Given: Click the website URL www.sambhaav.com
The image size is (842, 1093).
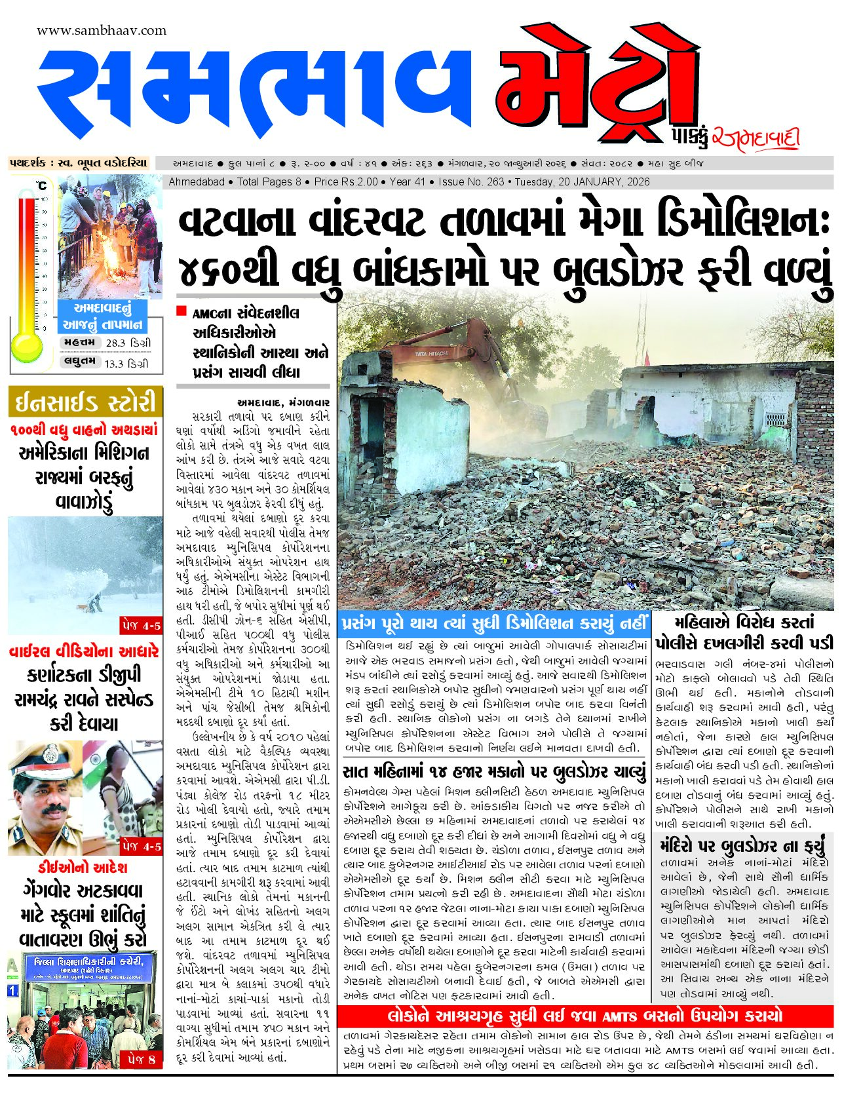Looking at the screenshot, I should [102, 31].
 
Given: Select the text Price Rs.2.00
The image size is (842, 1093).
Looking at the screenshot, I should [345, 182].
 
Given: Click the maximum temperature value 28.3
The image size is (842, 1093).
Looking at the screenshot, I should [115, 343].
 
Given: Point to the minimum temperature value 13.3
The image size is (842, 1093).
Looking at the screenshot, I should [114, 363].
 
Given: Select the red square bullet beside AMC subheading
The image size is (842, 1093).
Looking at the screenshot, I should [182, 311].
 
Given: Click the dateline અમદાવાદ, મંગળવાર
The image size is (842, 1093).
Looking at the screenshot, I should [283, 402].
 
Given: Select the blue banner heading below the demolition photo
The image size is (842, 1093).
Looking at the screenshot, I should [495, 623].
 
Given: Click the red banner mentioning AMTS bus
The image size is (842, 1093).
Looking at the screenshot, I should [584, 1016].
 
